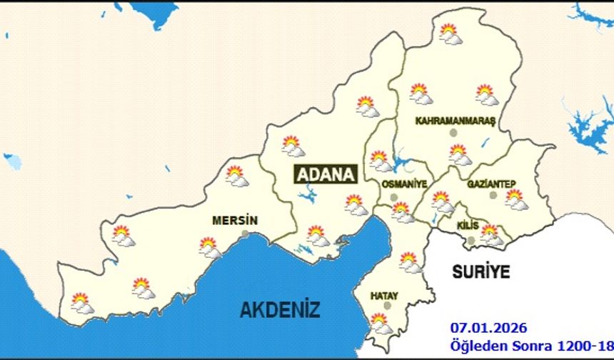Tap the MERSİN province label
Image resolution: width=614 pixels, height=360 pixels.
[x=235, y=221]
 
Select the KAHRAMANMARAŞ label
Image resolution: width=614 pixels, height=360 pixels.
[x=456, y=121]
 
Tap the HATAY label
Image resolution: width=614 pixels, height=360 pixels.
[x=384, y=295]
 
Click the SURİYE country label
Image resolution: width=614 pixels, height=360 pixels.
[x=481, y=271]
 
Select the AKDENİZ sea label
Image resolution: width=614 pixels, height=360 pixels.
[x=280, y=309]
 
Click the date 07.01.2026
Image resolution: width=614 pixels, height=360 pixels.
[x=488, y=328]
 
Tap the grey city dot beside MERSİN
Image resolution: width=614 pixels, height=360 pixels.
[x=246, y=234]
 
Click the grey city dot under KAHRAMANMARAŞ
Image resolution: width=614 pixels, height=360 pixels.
[x=452, y=133]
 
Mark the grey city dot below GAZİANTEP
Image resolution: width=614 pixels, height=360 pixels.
[x=492, y=195]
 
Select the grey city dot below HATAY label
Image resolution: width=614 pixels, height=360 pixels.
[x=388, y=305]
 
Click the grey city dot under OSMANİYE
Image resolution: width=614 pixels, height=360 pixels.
[x=393, y=196]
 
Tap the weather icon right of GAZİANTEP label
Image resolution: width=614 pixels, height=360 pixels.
[x=515, y=199]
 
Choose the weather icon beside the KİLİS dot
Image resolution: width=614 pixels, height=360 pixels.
[x=490, y=234]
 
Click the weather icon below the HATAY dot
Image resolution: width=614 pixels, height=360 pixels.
[x=381, y=324]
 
